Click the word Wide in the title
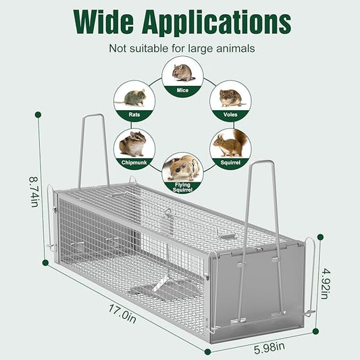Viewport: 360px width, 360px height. pyautogui.click(x=103, y=22)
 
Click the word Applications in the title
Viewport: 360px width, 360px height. pyautogui.click(x=217, y=24)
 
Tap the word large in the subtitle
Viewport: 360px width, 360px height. pyautogui.click(x=200, y=49)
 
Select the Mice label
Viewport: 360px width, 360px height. pyautogui.click(x=182, y=91)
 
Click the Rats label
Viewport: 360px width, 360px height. pyautogui.click(x=134, y=114)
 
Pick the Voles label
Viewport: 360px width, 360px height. pyautogui.click(x=230, y=114)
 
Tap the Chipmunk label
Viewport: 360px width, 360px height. pyautogui.click(x=134, y=163)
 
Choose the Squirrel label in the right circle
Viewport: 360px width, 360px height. pyautogui.click(x=230, y=163)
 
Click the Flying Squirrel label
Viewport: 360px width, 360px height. pyautogui.click(x=182, y=187)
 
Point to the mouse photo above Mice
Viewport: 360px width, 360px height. pyautogui.click(x=183, y=73)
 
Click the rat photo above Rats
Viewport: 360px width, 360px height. pyautogui.click(x=131, y=98)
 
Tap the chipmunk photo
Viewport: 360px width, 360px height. pyautogui.click(x=132, y=144)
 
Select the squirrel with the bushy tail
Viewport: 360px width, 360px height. pyautogui.click(x=231, y=143)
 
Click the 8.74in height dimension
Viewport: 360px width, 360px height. pyautogui.click(x=34, y=192)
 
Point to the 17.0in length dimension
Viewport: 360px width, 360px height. pyautogui.click(x=122, y=313)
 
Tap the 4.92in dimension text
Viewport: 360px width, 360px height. pyautogui.click(x=326, y=284)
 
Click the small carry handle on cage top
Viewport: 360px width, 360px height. pyautogui.click(x=226, y=234)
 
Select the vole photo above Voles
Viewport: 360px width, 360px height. pyautogui.click(x=231, y=98)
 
